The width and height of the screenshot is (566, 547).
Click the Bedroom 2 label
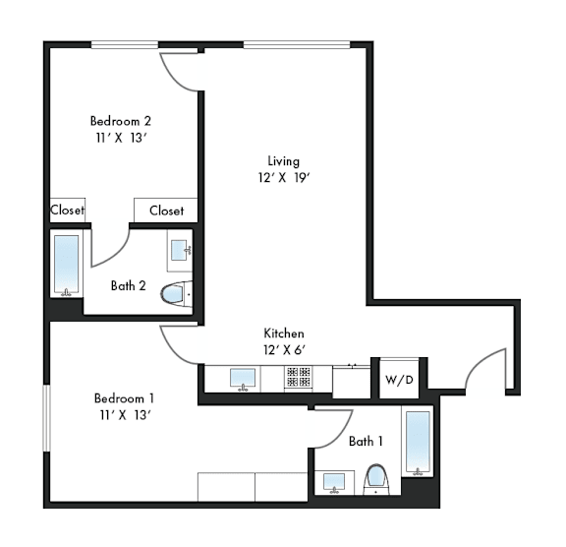point(121,121)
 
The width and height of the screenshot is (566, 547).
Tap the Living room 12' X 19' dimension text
point(284,178)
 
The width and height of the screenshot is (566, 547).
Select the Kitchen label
point(284,334)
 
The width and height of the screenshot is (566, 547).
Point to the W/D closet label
point(399,380)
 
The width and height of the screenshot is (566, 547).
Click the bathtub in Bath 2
point(67,265)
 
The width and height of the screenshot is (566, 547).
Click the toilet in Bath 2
point(176,294)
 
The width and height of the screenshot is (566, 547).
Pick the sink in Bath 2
point(180,250)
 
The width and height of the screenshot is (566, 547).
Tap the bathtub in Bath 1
point(418,441)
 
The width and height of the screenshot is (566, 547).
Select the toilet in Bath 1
point(376,480)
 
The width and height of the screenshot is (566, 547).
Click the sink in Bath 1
point(334,482)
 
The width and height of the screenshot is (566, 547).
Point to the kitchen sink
point(243,378)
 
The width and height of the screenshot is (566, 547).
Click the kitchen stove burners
point(299,377)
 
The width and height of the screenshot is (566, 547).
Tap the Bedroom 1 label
point(124,398)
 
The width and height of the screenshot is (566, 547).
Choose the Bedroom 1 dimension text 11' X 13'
point(125,415)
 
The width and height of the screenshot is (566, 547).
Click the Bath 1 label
point(366,441)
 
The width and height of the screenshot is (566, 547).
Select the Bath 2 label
point(128,285)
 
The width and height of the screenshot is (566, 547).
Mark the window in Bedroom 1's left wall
point(46,418)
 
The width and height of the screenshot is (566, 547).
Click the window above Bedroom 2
point(125,45)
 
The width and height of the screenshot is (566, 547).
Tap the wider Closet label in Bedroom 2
point(166,211)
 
